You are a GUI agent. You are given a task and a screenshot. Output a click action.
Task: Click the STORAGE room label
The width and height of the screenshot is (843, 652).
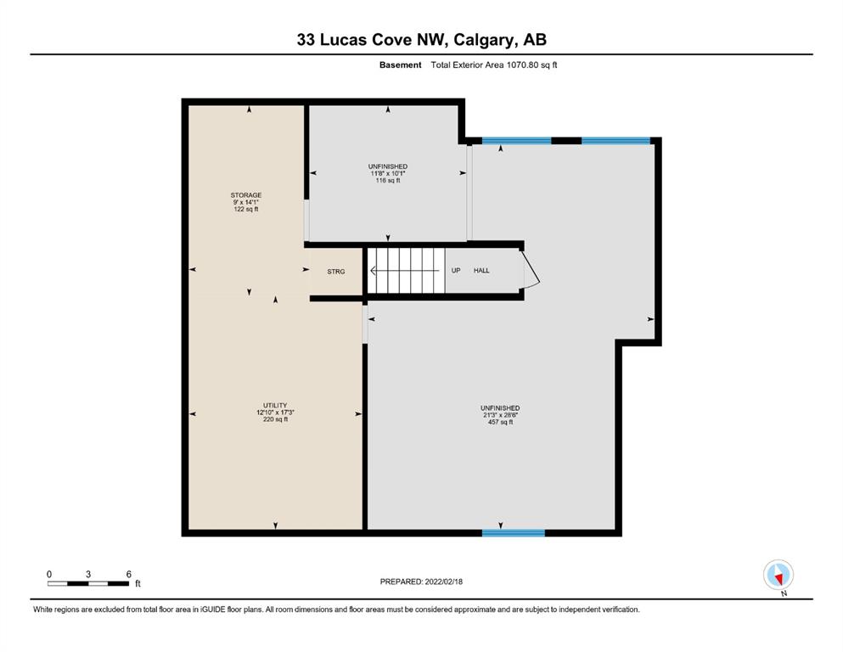(245, 195)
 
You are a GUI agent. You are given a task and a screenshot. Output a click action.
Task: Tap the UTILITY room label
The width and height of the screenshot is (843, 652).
(275, 405)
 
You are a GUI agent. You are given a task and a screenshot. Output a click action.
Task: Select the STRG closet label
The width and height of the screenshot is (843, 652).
(336, 272)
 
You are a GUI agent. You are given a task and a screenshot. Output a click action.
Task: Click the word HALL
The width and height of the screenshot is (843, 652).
(481, 270)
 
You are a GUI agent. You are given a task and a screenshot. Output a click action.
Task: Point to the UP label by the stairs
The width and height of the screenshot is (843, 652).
(456, 270)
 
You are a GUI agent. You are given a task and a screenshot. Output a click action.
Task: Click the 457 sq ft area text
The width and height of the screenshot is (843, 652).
(500, 423)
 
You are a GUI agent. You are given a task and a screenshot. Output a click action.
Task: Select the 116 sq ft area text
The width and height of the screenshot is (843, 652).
(388, 181)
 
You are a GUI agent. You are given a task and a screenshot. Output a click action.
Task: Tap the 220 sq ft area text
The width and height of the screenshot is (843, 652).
(275, 419)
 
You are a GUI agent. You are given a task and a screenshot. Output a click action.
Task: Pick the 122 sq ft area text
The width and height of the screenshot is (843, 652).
(245, 209)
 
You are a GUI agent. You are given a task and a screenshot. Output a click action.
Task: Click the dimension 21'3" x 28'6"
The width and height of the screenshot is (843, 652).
(500, 415)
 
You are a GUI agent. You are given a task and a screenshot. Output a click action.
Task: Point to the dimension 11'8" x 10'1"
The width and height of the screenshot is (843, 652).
(388, 174)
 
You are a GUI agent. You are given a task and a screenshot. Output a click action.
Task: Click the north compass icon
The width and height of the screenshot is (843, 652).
(778, 575)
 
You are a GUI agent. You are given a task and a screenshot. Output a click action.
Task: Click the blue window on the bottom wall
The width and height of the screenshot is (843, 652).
(514, 532)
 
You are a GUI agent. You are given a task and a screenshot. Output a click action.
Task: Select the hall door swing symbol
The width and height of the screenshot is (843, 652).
(531, 270)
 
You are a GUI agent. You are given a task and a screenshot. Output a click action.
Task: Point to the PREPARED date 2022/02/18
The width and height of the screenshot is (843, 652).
(443, 582)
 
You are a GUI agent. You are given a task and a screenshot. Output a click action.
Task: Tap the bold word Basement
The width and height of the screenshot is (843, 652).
(400, 65)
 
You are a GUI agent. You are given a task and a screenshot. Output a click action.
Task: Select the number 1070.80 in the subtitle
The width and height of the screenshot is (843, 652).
(523, 65)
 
